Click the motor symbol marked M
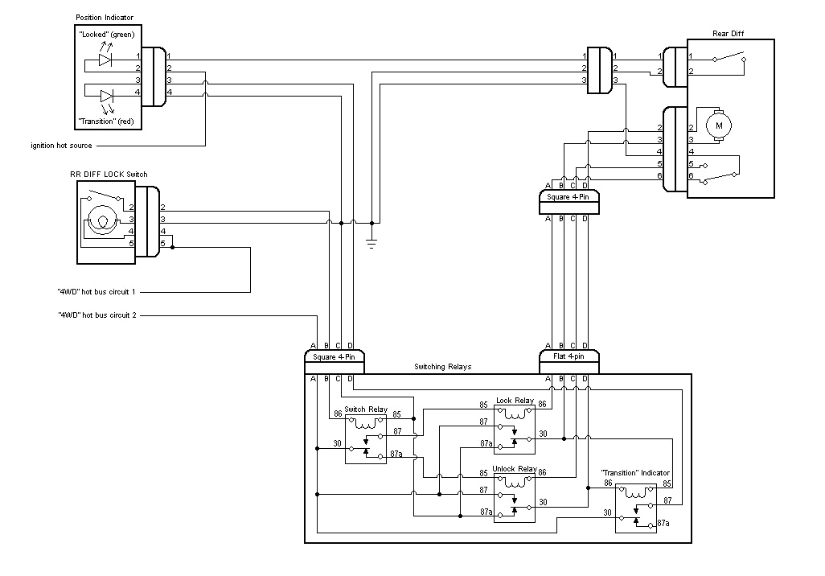click(x=719, y=125)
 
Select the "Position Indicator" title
click(x=105, y=18)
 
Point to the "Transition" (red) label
click(x=106, y=121)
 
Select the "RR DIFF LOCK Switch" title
click(x=109, y=174)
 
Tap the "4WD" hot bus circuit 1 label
click(x=96, y=291)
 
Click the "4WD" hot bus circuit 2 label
click(x=96, y=315)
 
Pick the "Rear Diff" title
click(x=729, y=34)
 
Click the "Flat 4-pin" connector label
click(x=568, y=356)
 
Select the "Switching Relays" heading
click(x=442, y=367)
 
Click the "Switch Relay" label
click(x=366, y=409)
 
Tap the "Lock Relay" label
click(x=515, y=401)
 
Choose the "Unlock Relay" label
click(x=514, y=469)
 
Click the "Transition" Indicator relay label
click(x=635, y=473)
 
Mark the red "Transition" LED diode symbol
click(x=105, y=96)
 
